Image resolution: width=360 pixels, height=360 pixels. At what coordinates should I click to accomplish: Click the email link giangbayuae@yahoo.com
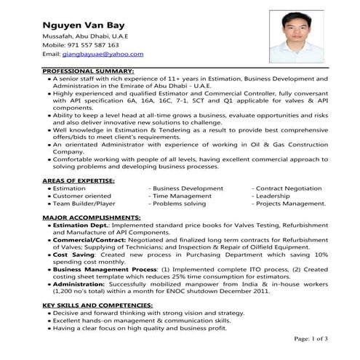tap(103, 55)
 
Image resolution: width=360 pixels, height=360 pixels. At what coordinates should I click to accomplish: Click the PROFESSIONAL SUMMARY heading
tap(88, 71)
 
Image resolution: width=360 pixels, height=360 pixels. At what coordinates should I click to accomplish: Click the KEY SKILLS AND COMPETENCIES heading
tap(97, 303)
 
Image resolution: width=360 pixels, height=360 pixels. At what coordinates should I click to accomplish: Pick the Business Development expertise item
tap(188, 188)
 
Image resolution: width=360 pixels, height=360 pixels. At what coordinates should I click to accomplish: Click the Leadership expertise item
tap(275, 196)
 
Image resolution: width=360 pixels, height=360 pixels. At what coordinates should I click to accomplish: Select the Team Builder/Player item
tap(84, 204)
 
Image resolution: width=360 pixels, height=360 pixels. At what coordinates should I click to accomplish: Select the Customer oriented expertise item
tap(82, 196)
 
